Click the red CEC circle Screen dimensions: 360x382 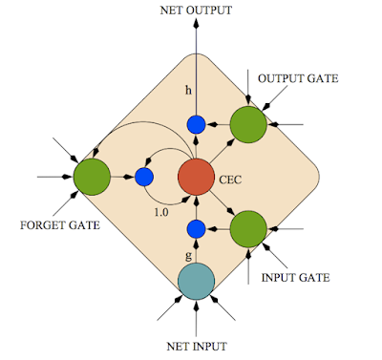point(196,177)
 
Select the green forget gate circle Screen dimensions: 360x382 point(93,177)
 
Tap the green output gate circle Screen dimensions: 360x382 point(247,125)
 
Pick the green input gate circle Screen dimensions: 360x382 point(247,229)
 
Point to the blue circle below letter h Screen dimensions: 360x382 point(196,124)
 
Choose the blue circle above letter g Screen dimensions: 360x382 point(196,228)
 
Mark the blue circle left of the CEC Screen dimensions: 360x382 point(144,177)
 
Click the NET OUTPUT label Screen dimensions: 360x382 point(195,11)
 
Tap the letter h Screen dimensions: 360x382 point(189,92)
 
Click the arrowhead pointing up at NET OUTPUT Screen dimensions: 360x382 point(196,26)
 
